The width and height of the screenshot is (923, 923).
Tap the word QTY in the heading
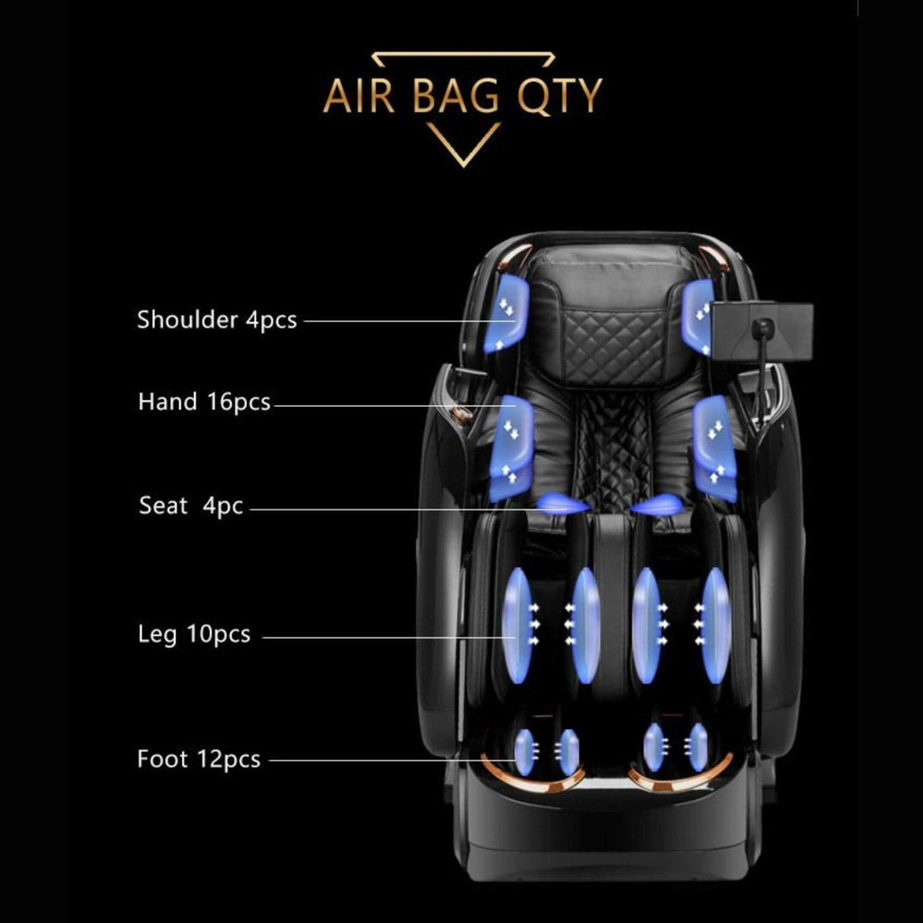pos(560,96)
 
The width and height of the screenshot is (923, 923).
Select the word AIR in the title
pos(358,96)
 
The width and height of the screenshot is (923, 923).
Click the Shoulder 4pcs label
pos(216,320)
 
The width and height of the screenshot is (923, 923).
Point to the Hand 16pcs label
pos(204,402)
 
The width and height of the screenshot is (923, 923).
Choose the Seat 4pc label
pos(191,506)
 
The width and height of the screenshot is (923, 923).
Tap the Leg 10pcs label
pos(194,634)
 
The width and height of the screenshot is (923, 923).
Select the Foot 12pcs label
pos(198,760)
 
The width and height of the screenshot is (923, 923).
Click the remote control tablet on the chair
pos(762,330)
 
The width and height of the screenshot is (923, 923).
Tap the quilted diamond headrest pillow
pos(614,345)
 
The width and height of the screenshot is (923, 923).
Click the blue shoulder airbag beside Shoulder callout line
pos(506,313)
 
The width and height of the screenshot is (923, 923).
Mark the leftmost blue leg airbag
pos(517,625)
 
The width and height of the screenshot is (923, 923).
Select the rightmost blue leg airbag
pos(715,625)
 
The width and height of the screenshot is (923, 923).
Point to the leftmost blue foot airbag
pos(524,752)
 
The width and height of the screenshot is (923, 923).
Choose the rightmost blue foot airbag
pos(698,747)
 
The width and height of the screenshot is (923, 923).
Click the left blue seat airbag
pos(561,504)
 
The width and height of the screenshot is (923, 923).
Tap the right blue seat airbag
pos(656,504)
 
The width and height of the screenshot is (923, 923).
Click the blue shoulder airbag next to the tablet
pos(697,317)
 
